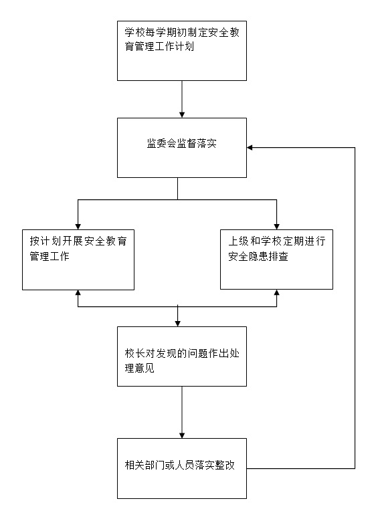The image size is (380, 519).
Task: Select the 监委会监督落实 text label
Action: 182,143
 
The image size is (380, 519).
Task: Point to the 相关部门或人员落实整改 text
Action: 180,465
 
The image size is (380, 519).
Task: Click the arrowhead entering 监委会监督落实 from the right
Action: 250,148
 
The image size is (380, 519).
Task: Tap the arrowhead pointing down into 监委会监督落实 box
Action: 182,114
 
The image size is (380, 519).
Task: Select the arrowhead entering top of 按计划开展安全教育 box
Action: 78,226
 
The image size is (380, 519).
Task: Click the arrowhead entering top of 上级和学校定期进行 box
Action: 276,226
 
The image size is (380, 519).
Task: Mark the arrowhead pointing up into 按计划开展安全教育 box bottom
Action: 78,293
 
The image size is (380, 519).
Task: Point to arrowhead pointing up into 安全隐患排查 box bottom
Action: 276,293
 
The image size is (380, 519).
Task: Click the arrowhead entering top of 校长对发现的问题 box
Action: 178,324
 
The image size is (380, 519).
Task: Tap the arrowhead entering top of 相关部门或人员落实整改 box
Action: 182,435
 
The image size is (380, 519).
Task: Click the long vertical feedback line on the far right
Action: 355,308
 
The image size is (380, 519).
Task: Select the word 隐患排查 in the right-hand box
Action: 268,256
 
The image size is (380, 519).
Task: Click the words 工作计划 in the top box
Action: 175,46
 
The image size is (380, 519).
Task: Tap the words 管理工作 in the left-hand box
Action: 50,256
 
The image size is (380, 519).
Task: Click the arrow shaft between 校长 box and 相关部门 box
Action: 182,409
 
